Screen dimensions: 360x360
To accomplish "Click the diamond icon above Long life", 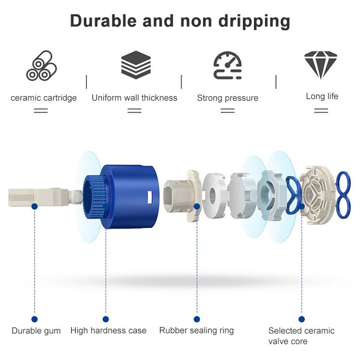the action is point(321,65).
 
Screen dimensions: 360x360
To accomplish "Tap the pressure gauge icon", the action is point(228,65).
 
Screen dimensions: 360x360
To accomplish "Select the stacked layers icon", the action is point(136,65).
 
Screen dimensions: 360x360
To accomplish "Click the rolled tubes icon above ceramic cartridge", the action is point(41,66).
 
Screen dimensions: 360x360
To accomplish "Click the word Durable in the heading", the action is point(103,21).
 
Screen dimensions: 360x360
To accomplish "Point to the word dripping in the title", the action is point(254,22).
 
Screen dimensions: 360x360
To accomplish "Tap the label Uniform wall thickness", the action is point(134,98).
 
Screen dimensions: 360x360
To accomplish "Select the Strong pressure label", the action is point(228,98).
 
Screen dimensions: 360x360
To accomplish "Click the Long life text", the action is point(322,96).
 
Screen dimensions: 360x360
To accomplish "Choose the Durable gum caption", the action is point(36,331).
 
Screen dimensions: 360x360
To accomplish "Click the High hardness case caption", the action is point(108,331).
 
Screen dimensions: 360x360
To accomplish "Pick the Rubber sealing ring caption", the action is point(196,331).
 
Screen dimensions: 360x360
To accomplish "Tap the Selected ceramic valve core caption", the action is point(301,336).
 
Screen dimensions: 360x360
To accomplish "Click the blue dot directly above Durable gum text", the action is point(35,319).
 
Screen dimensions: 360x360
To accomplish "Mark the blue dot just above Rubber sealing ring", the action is point(197,319).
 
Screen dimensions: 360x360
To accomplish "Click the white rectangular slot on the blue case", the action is point(150,197).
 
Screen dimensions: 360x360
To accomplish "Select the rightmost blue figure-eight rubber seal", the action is point(343,194).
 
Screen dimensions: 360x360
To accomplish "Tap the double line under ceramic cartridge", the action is point(41,111).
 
